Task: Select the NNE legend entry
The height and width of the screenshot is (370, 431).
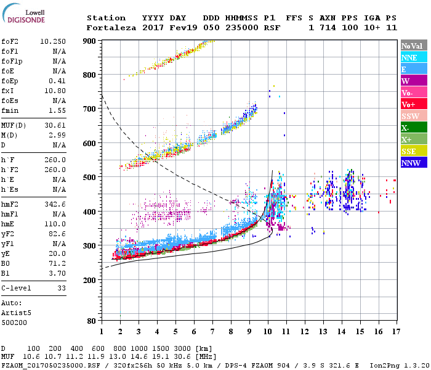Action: pos(409,57)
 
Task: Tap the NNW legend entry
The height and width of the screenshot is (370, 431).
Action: pos(411,163)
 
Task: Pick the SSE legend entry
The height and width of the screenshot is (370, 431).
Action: pos(409,151)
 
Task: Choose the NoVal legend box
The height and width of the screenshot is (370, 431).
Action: pos(411,46)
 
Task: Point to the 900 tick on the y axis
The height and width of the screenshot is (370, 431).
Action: pos(90,41)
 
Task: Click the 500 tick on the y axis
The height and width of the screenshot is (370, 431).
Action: pos(90,178)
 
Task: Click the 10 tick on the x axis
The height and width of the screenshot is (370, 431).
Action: pos(267,331)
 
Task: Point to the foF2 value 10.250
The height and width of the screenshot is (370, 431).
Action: pos(53,41)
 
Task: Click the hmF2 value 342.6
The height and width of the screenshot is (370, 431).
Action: pos(55,221)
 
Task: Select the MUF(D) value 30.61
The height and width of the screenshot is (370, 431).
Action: pos(55,126)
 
